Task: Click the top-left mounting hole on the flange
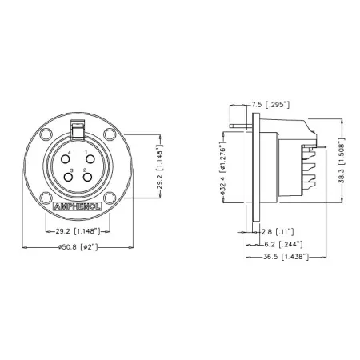pyautogui.click(x=46, y=134)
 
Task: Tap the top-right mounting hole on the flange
pyautogui.click(x=110, y=134)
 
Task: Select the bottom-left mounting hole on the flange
pyautogui.click(x=46, y=198)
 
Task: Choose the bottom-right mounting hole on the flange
pyautogui.click(x=110, y=198)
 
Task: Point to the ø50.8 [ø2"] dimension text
pyautogui.click(x=78, y=248)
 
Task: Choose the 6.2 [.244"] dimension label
pyautogui.click(x=281, y=243)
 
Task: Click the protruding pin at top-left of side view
pyautogui.click(x=237, y=124)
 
